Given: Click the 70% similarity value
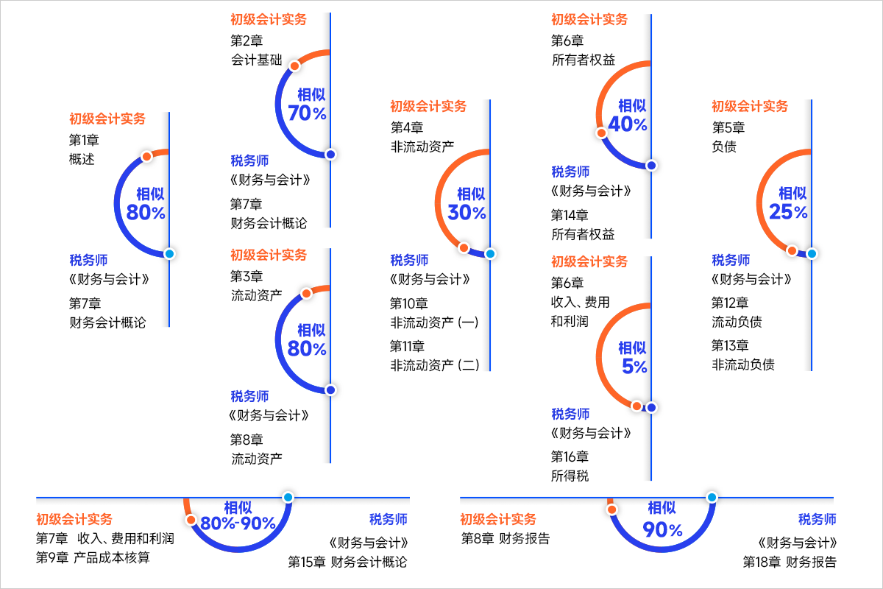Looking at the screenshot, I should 308,113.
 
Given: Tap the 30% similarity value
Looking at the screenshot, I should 467,213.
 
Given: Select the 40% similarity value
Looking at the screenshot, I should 628,124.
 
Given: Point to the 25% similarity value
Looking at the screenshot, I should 788,212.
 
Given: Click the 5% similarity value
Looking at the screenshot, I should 634,366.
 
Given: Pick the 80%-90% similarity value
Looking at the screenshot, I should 238,523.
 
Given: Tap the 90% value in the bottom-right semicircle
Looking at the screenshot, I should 662,529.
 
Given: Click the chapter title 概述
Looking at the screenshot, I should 82,159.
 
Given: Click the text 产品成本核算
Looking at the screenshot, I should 112,557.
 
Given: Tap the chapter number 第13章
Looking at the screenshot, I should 730,345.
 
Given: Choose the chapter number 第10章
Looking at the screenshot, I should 408,303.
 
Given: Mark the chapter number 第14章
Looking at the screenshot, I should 570,215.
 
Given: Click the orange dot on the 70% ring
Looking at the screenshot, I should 294,66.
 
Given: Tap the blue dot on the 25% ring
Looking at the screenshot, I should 811,253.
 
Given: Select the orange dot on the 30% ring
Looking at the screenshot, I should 464,247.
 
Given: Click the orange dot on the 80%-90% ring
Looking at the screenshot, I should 191,520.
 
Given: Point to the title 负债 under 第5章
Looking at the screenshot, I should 724,147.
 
